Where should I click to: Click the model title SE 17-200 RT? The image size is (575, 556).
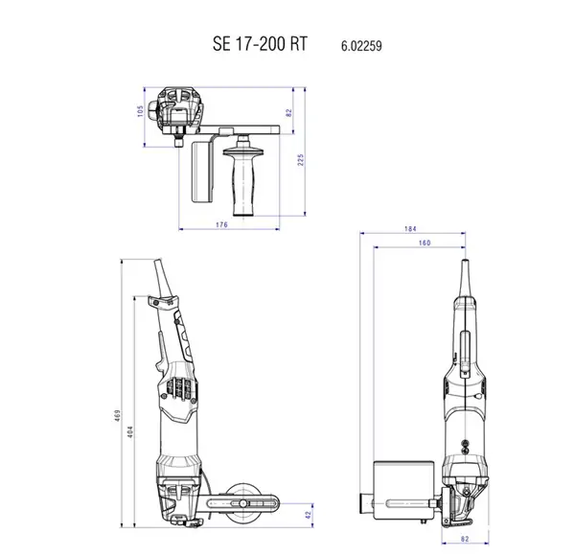coord(260,44)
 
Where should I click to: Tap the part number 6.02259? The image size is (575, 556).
coord(361,46)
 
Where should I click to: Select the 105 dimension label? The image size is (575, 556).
coord(140,111)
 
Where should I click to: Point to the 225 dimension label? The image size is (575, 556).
coord(300,160)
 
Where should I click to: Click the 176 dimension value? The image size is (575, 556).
coord(221,224)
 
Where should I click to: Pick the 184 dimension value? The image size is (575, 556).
coord(410,228)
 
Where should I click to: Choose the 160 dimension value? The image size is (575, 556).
coord(425,243)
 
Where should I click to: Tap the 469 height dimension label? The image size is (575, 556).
coord(117,415)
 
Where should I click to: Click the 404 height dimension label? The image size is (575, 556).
coord(130,431)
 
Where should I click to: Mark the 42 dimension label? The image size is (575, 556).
coord(309,515)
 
